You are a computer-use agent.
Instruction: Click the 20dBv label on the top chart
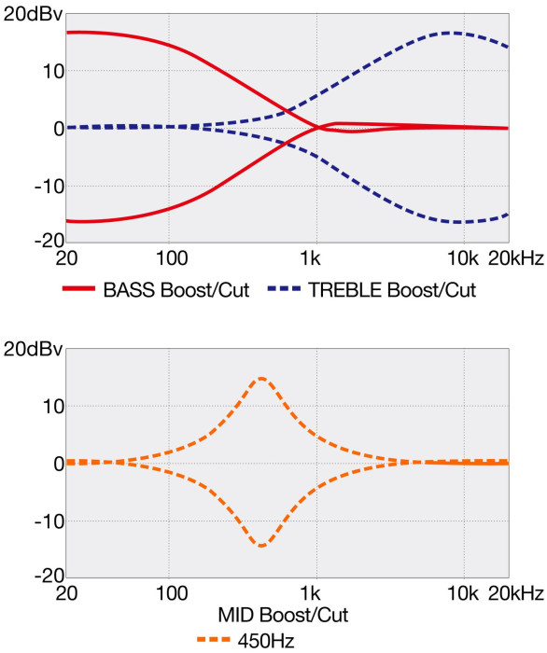pos(33,14)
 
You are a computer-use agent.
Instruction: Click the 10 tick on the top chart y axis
pos(54,72)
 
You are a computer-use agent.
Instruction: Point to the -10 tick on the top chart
pos(49,187)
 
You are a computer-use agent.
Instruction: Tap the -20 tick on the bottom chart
pos(49,576)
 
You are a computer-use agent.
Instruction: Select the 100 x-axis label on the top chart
pos(172,258)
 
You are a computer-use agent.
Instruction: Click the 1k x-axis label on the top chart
pos(310,258)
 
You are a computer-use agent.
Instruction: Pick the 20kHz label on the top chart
pos(516,258)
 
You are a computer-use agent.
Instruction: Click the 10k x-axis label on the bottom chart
pos(463,593)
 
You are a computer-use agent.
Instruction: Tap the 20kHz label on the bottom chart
pos(516,593)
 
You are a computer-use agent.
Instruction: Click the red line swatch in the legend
pos(78,288)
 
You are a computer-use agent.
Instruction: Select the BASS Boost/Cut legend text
pos(176,290)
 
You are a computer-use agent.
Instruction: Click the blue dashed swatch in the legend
pos(284,288)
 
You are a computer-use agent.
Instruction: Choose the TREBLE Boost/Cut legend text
pos(392,290)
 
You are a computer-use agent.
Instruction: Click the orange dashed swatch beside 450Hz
pos(214,639)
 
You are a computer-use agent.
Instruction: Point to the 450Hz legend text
pos(266,641)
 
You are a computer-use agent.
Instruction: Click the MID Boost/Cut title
pos(283,615)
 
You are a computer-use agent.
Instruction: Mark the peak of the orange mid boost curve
pos(261,378)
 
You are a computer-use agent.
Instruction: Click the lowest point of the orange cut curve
pos(261,546)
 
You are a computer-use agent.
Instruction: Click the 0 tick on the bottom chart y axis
pos(59,464)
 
